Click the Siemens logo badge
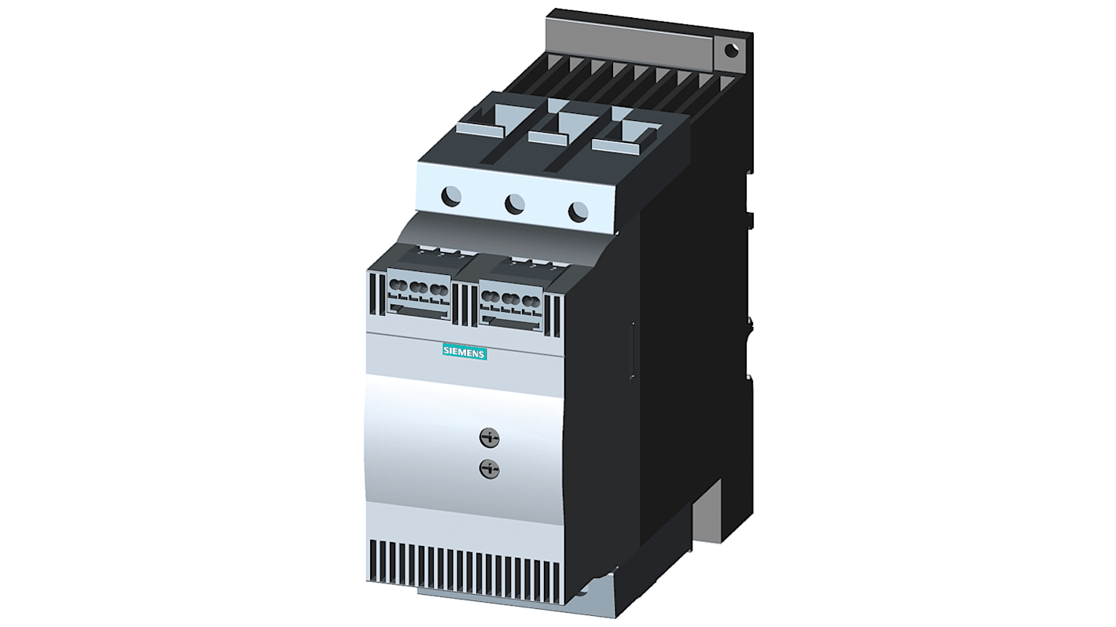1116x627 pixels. (x=464, y=352)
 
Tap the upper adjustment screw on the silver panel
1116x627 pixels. (x=490, y=438)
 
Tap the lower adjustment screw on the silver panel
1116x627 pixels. (x=490, y=468)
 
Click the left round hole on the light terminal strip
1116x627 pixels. (x=451, y=196)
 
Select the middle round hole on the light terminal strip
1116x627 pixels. (x=515, y=203)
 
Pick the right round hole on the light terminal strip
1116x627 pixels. (x=578, y=211)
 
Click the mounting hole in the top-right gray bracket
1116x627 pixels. (x=731, y=50)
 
